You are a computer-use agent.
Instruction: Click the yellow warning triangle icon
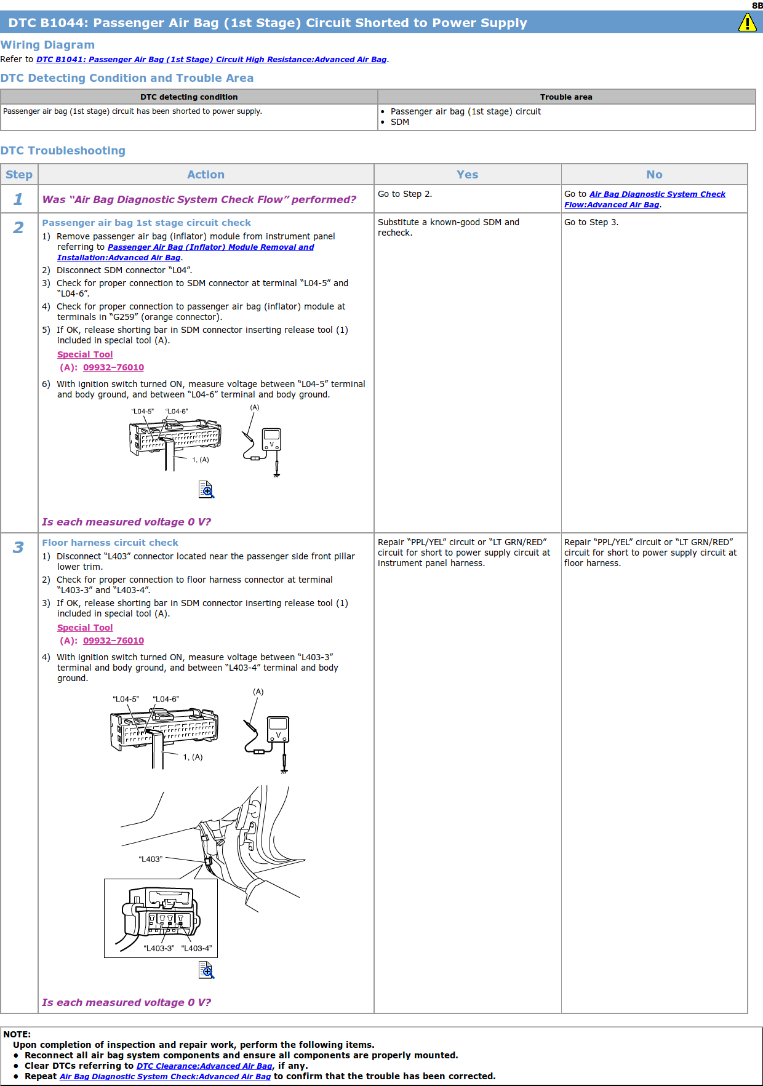(x=747, y=23)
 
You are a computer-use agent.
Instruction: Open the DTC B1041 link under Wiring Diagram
(x=211, y=60)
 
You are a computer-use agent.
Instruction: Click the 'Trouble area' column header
(x=565, y=97)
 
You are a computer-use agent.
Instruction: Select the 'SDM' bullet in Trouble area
(x=400, y=122)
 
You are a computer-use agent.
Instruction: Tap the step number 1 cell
(x=18, y=199)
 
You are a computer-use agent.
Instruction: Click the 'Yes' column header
(x=467, y=175)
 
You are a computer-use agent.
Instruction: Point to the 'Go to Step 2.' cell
(x=405, y=194)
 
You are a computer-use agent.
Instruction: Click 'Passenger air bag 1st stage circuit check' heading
(x=146, y=223)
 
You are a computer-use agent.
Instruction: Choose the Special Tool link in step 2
(x=85, y=354)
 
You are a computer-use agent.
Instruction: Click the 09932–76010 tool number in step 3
(x=113, y=641)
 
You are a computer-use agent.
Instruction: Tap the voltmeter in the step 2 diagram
(x=271, y=440)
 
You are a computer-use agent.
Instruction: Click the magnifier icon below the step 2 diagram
(x=206, y=489)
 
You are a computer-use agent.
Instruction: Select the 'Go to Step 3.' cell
(x=591, y=222)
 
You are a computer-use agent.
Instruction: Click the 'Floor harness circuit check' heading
(x=110, y=543)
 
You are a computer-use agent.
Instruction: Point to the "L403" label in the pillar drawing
(x=151, y=859)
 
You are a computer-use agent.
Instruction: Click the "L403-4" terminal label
(x=197, y=948)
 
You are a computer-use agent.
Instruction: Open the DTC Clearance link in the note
(x=204, y=1066)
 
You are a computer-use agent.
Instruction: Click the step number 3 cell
(x=18, y=548)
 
